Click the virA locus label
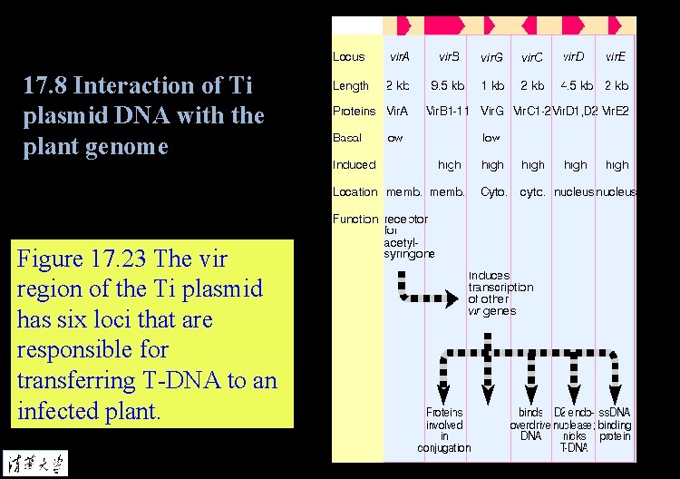coord(399,56)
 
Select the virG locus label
coord(492,57)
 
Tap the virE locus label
coord(617,56)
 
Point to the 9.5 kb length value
coord(448,86)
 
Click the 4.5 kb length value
coord(576,86)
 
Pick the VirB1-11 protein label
coord(448,112)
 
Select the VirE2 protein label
coord(616,112)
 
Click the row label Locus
coord(349,56)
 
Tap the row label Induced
coord(354,165)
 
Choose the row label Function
coord(355,219)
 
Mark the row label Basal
coord(347,138)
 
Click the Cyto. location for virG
coord(493,192)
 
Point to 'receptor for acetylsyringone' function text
coord(410,237)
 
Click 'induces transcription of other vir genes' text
coord(500,293)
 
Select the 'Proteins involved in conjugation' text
coord(444,430)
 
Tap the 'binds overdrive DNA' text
coord(530,425)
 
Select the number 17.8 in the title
coord(44,86)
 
